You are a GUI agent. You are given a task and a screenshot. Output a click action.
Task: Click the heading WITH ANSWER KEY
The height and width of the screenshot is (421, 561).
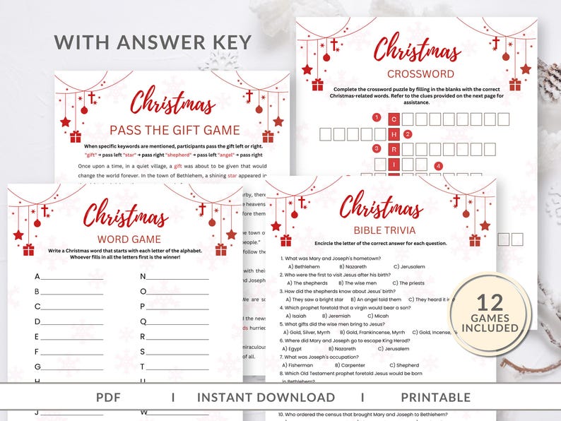[x=153, y=42]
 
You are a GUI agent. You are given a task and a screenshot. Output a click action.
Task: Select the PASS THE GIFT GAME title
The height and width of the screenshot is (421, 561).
[x=170, y=130]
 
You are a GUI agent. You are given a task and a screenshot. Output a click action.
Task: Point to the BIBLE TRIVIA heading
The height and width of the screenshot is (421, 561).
[x=381, y=230]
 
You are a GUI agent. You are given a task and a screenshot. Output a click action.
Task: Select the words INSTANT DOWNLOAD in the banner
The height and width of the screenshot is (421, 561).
[x=266, y=398]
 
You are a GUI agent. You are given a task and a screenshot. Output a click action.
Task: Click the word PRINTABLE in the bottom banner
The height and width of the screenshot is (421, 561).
[x=435, y=398]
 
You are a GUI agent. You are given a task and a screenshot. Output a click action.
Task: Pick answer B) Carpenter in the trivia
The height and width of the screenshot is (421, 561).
[x=359, y=365]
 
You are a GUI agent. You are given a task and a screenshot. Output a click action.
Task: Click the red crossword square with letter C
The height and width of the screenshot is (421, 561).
[x=396, y=118]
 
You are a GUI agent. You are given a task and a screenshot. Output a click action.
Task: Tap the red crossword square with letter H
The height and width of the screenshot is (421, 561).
[x=396, y=134]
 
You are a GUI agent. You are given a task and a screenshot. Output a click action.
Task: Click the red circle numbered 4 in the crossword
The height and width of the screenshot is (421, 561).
[x=439, y=166]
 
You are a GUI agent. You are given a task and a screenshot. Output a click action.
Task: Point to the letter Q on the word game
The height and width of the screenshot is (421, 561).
[x=143, y=321]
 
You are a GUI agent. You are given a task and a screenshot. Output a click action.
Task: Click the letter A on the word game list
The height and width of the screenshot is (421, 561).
[x=37, y=276]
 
